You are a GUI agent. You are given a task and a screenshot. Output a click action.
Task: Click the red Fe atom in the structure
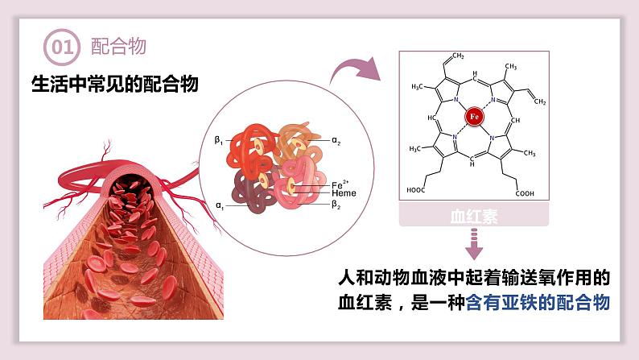474,117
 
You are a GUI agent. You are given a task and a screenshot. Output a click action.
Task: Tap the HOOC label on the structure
417,192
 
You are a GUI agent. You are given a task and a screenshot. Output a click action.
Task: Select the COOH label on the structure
525,193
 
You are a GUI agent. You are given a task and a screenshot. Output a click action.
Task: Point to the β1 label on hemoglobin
218,139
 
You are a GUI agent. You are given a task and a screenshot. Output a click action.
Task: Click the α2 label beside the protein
337,140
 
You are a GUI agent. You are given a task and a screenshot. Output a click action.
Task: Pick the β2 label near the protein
337,205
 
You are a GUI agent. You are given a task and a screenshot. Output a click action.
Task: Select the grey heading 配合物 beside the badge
118,47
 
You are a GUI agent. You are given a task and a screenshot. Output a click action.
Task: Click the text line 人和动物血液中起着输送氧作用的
474,278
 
